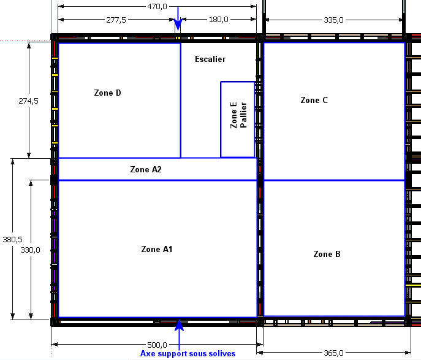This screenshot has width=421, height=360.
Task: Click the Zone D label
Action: (107, 93)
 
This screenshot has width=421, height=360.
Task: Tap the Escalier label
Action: (210, 59)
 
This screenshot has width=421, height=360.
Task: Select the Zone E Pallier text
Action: (238, 115)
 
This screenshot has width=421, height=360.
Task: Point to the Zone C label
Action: (314, 100)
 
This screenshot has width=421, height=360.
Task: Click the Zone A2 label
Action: (146, 169)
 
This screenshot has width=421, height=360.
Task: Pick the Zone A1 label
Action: (157, 249)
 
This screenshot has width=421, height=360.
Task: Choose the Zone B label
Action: (327, 254)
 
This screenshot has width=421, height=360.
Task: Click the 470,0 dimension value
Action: (157, 6)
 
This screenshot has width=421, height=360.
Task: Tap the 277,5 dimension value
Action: (116, 20)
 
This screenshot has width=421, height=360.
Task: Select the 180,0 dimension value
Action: (219, 20)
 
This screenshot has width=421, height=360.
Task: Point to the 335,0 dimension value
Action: (333, 20)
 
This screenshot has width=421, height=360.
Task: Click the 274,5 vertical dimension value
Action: (28, 101)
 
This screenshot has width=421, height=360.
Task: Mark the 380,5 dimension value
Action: (13, 239)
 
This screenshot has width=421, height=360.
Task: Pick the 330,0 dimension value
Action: (31, 250)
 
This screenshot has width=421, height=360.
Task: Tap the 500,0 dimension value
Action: (157, 345)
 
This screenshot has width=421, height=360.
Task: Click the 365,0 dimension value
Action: (333, 353)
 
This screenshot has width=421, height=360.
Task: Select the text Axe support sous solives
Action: (188, 353)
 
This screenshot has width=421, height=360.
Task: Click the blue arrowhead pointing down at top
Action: (178, 25)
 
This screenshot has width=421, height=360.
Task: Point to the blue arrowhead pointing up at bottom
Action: (179, 325)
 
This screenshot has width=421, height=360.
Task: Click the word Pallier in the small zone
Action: (243, 115)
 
